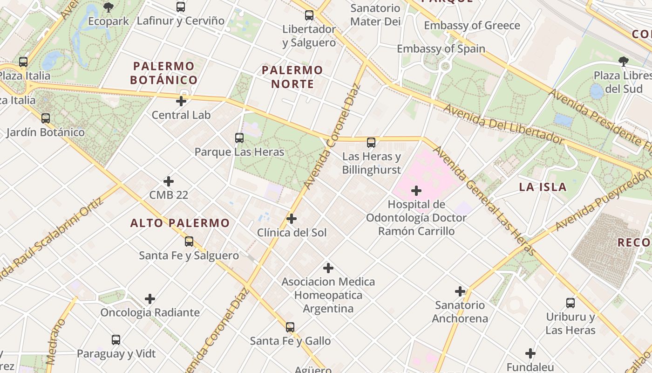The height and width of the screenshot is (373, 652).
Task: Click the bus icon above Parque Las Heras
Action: (239, 138)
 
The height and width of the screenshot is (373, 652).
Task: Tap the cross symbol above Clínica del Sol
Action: (292, 218)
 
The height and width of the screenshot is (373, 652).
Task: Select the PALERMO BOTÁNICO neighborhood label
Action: (163, 73)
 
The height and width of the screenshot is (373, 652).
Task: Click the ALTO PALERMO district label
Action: (180, 223)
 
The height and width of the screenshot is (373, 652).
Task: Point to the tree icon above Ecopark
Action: (109, 7)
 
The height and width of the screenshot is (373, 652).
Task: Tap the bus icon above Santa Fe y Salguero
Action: (189, 242)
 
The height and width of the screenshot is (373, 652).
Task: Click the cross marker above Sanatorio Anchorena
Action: (460, 291)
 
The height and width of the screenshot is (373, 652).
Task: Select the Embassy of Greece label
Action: (472, 26)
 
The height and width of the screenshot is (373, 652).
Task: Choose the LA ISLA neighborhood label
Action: (543, 187)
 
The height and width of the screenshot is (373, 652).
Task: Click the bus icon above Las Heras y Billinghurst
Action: (371, 143)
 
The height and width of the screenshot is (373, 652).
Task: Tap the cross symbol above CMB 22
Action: (169, 181)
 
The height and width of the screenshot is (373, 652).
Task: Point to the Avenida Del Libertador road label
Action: (503, 124)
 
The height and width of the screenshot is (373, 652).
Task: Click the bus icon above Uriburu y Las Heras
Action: (570, 303)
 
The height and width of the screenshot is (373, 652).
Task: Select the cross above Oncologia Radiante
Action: (150, 298)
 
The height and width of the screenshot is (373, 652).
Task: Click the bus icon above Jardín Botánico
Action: (46, 118)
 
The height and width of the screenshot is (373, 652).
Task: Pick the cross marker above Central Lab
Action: (181, 101)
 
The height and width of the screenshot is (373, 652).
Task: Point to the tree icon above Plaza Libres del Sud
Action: (623, 61)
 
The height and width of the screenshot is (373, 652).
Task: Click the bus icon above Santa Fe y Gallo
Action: (290, 327)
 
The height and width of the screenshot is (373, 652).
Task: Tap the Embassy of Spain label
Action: (441, 48)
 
